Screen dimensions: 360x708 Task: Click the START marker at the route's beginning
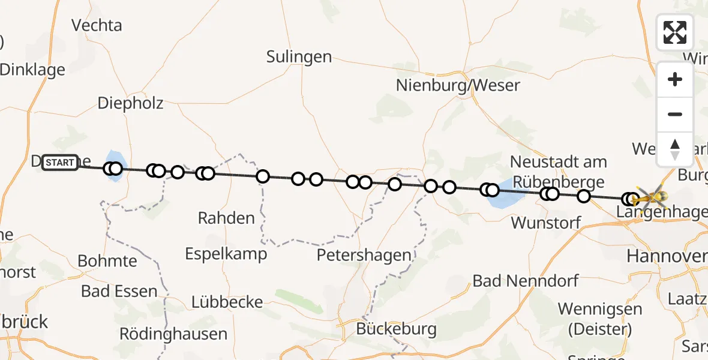60,163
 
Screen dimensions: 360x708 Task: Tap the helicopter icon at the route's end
650,197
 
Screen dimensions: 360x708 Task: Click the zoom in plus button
675,79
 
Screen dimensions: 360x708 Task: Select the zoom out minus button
675,115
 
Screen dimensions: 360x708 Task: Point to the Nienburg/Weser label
458,85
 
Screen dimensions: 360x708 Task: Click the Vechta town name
97,25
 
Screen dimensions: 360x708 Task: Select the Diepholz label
131,103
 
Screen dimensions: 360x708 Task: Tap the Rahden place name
226,218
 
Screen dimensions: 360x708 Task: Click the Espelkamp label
226,254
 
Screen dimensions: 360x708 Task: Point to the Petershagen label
364,255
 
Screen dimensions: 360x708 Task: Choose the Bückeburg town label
396,329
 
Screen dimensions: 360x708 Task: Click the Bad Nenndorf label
526,280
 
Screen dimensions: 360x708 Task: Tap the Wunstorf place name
546,223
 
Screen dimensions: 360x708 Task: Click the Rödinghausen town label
173,334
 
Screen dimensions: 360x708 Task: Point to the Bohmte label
107,261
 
